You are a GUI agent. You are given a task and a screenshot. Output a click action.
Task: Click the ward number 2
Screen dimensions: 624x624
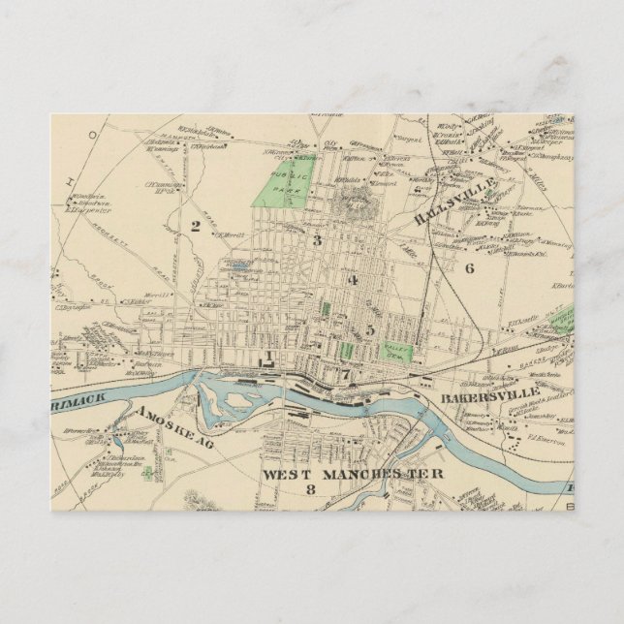tap(195, 227)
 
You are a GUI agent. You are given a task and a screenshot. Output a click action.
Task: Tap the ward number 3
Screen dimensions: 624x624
tap(316, 239)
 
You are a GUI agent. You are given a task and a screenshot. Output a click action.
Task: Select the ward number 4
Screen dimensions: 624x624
tap(354, 281)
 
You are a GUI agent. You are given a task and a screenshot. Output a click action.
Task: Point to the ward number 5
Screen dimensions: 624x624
tap(370, 329)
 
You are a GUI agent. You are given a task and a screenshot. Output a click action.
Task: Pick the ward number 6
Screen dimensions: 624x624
tap(469, 267)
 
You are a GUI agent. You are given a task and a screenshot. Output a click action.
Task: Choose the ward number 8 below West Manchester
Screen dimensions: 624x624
tap(310, 490)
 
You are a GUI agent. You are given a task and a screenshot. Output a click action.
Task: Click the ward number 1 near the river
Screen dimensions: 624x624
tap(264, 357)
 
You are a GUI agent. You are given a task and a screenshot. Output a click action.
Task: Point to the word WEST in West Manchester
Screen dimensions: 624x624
tap(289, 474)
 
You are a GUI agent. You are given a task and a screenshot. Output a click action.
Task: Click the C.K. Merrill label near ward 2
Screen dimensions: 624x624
tap(230, 234)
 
